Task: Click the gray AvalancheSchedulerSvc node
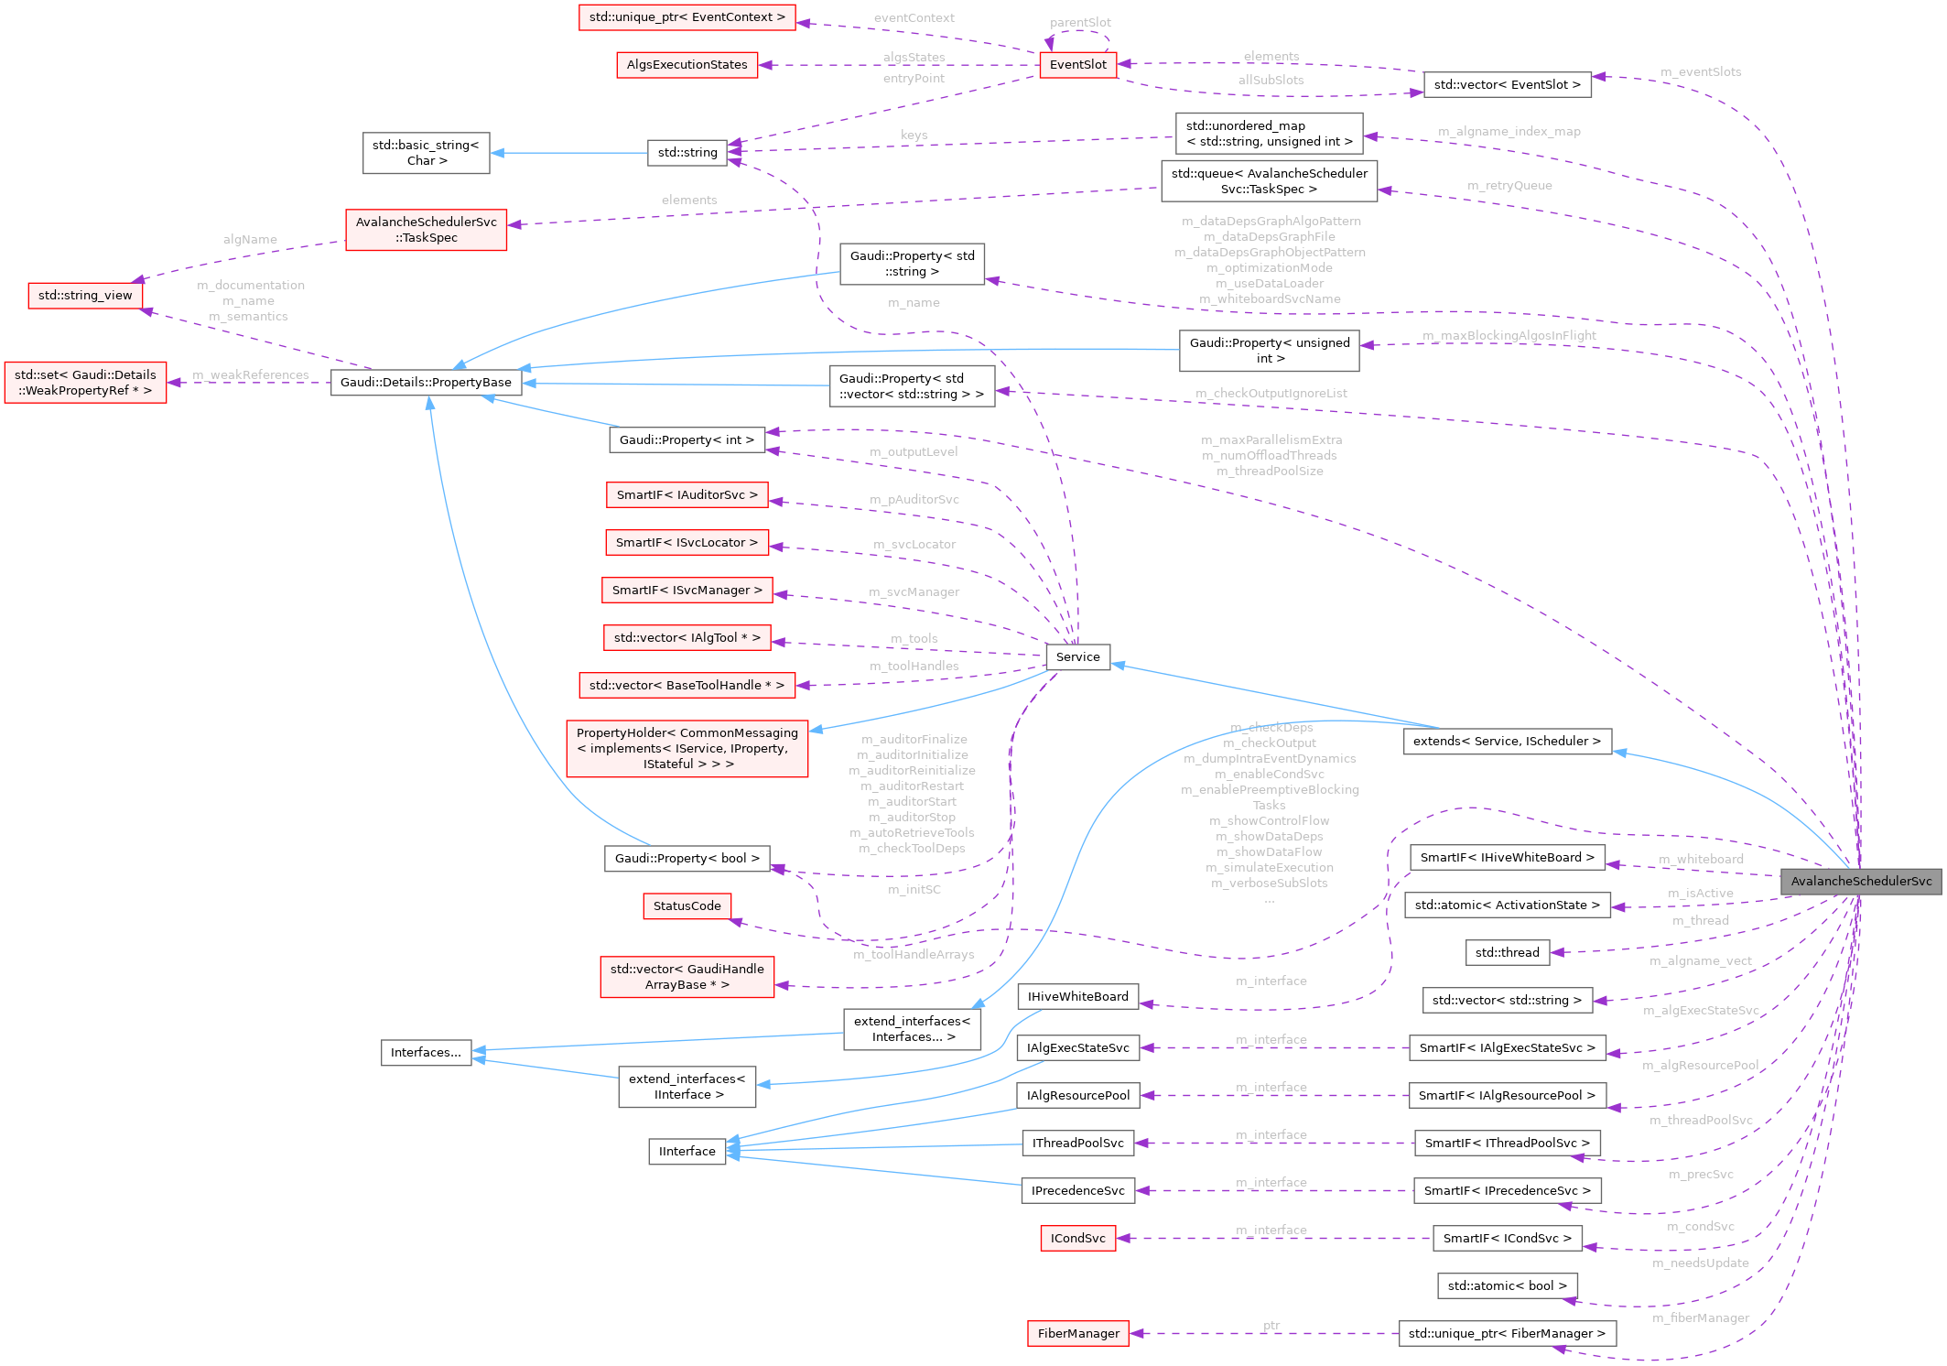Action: point(1860,881)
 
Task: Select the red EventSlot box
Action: point(1077,64)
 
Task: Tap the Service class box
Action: point(1077,656)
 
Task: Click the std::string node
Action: point(687,152)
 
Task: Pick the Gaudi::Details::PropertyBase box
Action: point(426,382)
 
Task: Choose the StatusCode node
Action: point(687,905)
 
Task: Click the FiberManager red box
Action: point(1077,1333)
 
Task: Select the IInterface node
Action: point(687,1151)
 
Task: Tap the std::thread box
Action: point(1507,952)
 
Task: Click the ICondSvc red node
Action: point(1077,1238)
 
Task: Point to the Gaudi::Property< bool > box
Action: point(687,858)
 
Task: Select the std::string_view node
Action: point(85,295)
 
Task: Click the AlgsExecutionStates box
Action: point(687,64)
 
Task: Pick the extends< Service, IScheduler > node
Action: point(1507,741)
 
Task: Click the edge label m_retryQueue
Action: point(1509,185)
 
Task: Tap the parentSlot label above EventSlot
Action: point(1080,22)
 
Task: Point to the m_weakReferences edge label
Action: point(251,374)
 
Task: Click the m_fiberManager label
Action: point(1700,1317)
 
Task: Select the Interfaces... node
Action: point(426,1052)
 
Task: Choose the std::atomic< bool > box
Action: point(1507,1285)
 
